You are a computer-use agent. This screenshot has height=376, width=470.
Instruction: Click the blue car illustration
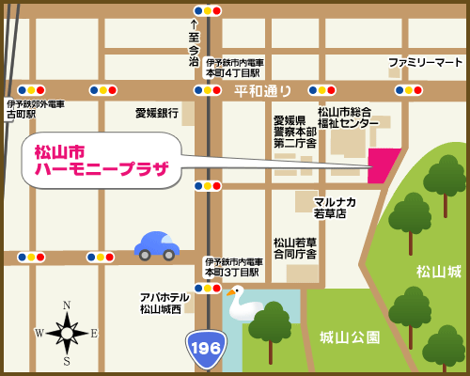coord(157,245)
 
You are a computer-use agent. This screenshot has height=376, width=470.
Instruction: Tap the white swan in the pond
coord(245,305)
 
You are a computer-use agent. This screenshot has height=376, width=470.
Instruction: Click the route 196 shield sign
coord(206,348)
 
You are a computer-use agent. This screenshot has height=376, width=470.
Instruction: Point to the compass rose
coord(67,332)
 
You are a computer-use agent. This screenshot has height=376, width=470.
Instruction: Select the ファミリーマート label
coord(426,62)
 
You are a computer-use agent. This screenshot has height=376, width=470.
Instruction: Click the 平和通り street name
coord(263,90)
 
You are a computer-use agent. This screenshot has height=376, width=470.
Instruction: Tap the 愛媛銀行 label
coord(156,113)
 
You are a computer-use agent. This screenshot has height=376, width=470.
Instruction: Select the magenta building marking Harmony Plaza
coord(384,164)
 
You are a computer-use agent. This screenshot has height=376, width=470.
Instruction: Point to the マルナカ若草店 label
coord(335,207)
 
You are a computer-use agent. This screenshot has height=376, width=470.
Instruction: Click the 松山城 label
coord(439,271)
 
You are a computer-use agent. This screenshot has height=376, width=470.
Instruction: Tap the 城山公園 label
coord(350,337)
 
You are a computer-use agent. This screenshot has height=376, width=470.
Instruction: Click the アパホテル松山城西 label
coord(164,303)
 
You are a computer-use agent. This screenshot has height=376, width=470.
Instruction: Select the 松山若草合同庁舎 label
coord(295,247)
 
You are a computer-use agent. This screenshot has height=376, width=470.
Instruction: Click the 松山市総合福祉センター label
coord(348,117)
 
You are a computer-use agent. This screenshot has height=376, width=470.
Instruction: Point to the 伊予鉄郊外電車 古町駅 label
coord(35,109)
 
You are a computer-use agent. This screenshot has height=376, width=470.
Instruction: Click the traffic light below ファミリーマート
coord(408,90)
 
